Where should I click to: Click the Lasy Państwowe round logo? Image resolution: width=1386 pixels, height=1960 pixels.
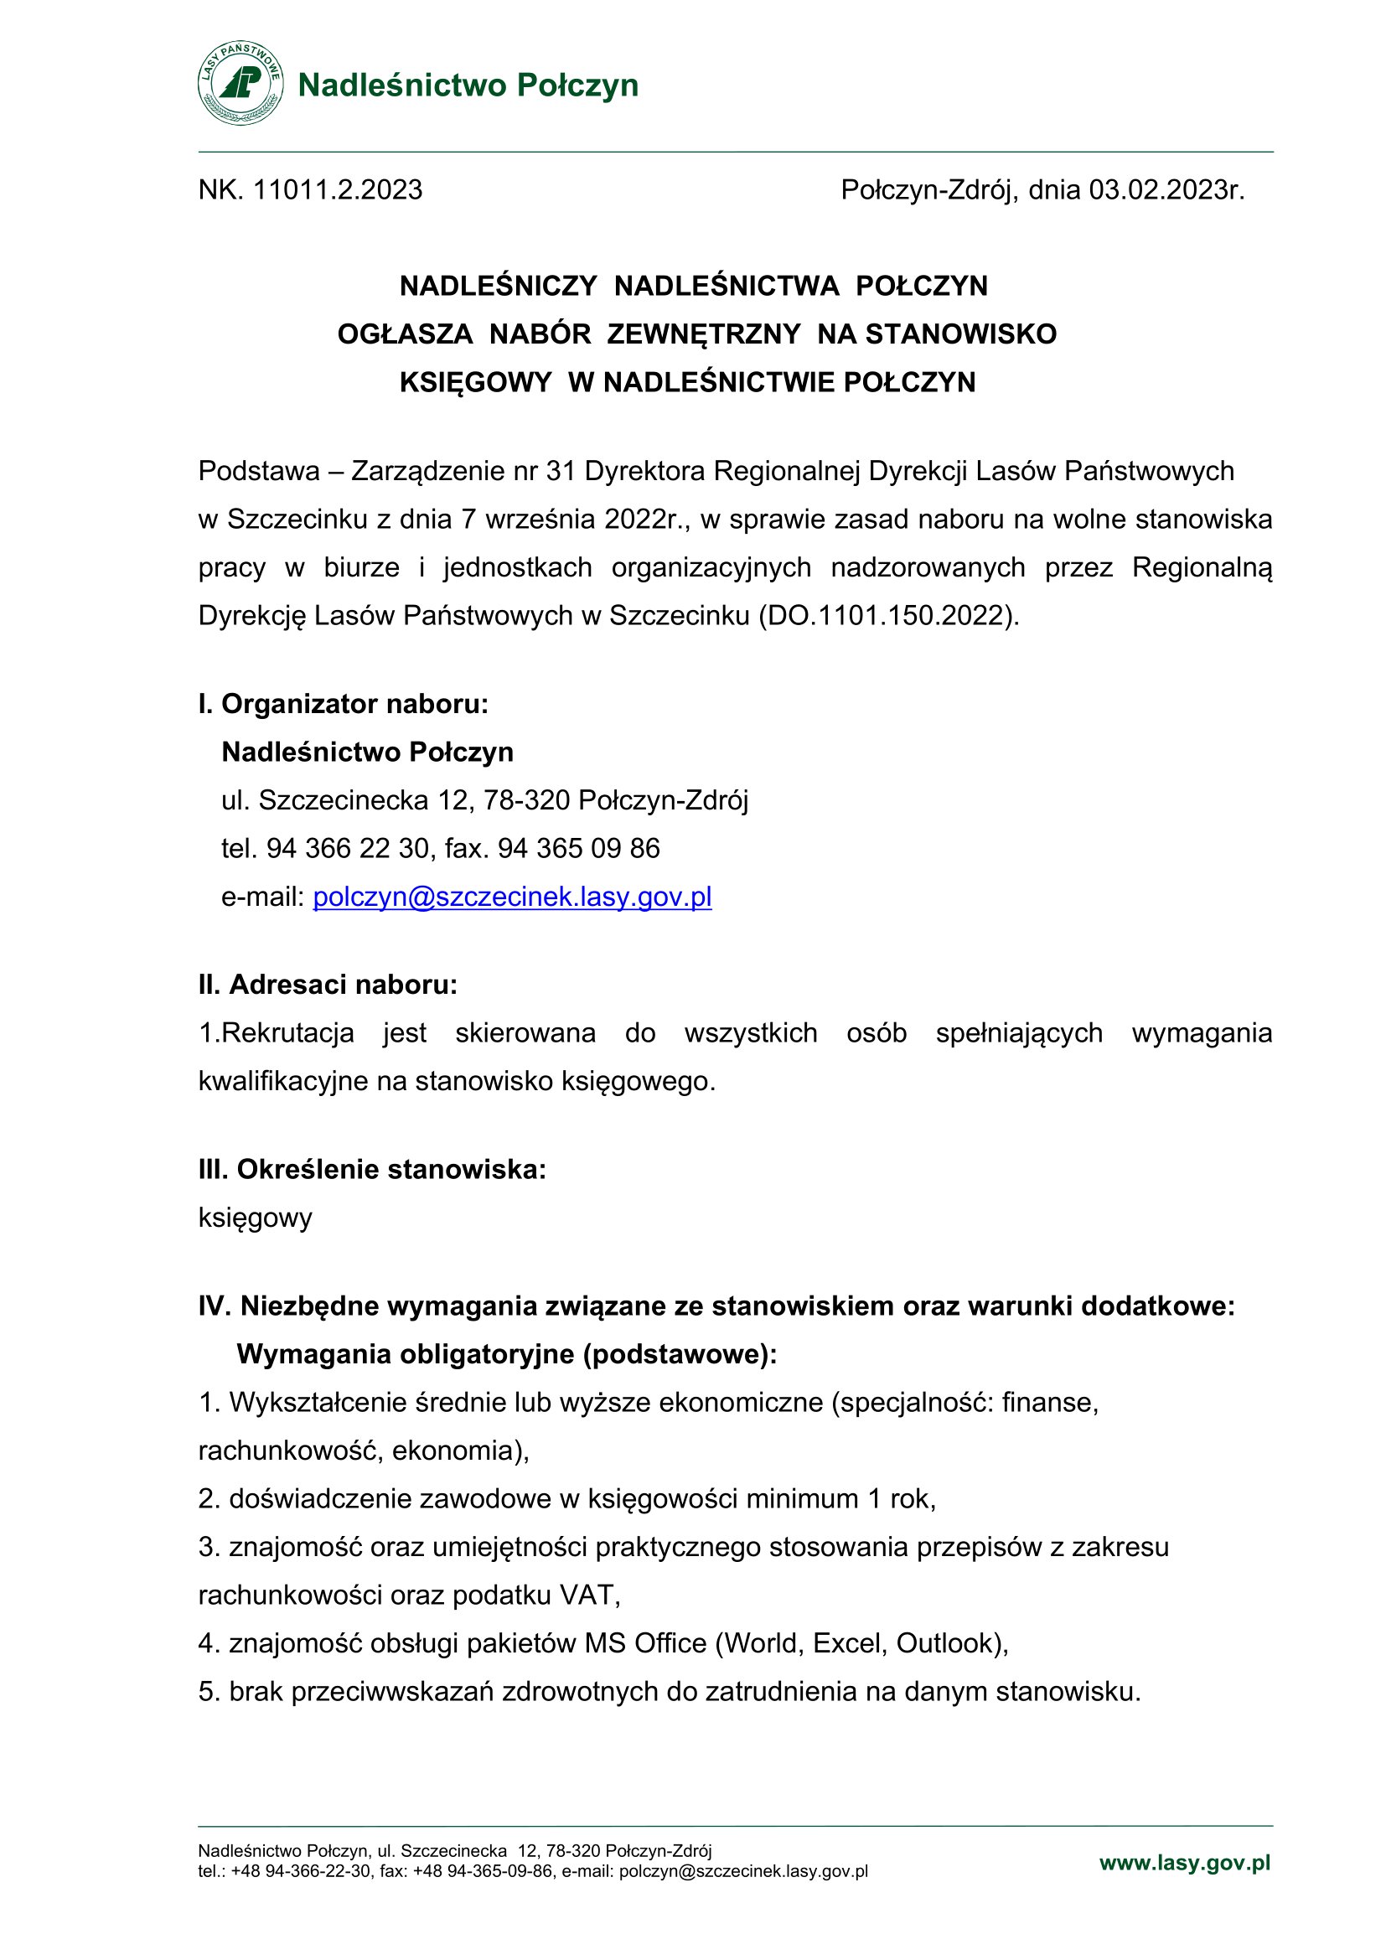240,84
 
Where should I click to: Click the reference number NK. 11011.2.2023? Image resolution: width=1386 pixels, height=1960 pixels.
310,189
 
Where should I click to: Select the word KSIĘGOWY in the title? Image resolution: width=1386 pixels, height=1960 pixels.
475,381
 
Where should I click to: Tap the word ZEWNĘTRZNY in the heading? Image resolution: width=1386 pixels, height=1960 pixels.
704,334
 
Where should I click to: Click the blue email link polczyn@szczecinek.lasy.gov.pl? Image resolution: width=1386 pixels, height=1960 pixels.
512,897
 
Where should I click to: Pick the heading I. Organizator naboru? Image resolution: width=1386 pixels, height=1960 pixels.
343,703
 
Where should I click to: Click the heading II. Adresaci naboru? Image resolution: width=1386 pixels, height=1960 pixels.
328,985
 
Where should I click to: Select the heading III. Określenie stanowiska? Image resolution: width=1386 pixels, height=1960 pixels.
372,1169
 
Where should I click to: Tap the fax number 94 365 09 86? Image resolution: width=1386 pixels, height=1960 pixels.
579,848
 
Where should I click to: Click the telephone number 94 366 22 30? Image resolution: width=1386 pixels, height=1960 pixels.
348,848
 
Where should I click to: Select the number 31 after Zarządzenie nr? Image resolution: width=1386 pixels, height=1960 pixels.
561,470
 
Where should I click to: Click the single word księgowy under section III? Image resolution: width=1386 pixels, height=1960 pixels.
256,1218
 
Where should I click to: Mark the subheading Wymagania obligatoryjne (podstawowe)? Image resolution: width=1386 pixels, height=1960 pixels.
507,1354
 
